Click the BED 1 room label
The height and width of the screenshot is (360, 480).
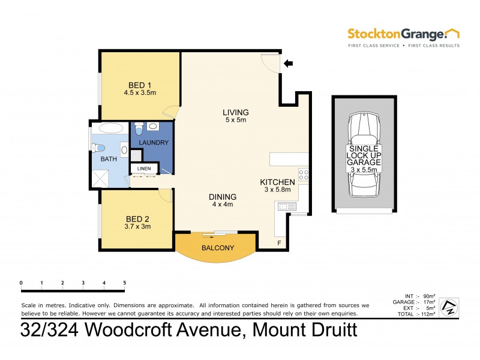140,85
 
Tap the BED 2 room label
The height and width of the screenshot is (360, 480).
137,218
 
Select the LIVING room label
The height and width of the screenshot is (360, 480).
235,112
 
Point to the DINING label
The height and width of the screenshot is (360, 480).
222,197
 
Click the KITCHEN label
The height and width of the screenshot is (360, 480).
277,182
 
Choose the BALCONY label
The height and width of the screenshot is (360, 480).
218,247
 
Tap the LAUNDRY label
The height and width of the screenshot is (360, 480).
154,142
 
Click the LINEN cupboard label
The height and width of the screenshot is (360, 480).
143,169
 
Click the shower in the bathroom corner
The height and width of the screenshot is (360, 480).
101,178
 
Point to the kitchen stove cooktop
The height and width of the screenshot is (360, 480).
303,175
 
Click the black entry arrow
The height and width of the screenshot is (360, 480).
289,62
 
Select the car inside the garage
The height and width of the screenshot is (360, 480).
364,155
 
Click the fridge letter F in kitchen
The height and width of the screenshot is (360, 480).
278,243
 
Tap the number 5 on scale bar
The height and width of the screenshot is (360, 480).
124,283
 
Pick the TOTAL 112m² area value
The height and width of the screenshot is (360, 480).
427,314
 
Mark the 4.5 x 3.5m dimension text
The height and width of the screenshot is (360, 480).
140,93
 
